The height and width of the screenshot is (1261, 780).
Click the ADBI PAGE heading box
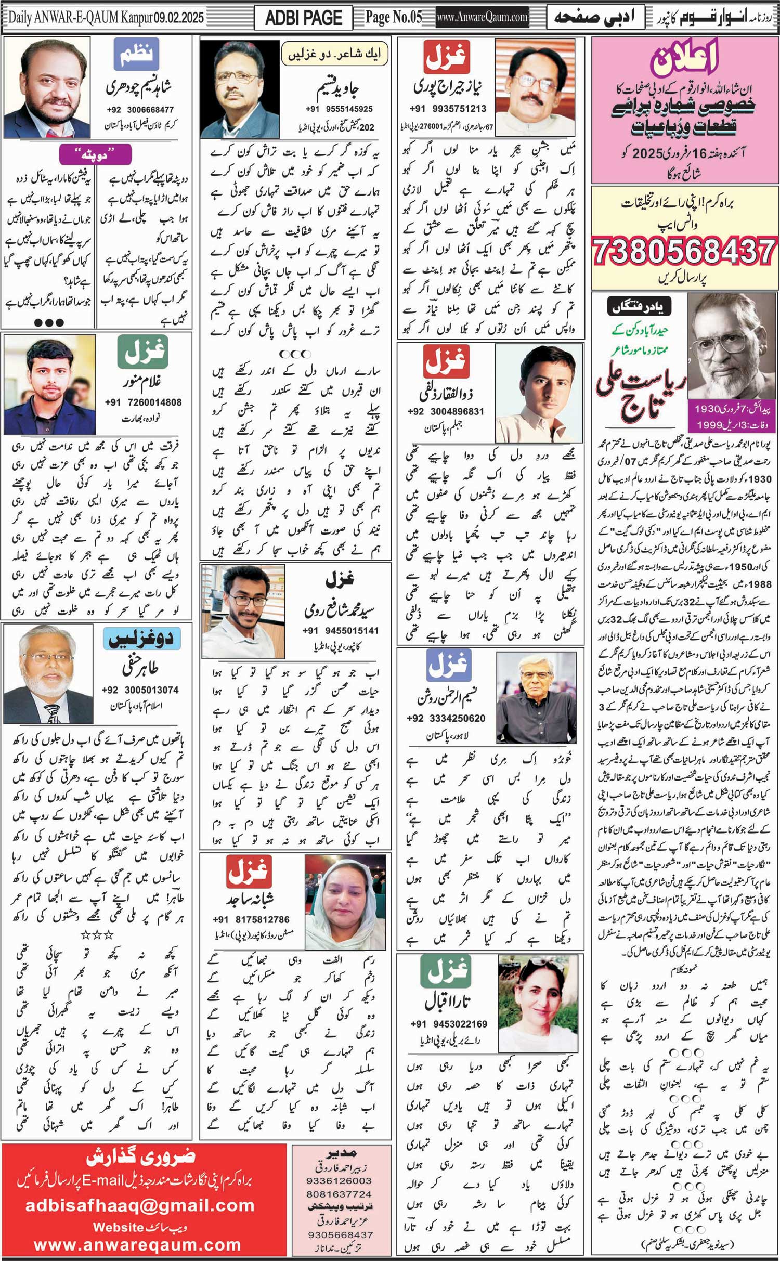click(x=303, y=18)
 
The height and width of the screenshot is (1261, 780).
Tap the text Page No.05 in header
click(x=393, y=17)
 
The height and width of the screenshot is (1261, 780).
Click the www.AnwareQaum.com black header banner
click(x=482, y=17)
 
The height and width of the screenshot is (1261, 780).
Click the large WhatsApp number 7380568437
click(x=684, y=252)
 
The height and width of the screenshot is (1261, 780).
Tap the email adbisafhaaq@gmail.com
click(x=140, y=1205)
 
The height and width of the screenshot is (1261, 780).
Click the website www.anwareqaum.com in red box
click(x=137, y=1245)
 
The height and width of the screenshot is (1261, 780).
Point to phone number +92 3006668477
click(x=140, y=110)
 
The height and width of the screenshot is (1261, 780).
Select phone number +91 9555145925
click(x=339, y=109)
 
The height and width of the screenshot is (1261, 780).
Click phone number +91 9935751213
click(x=448, y=109)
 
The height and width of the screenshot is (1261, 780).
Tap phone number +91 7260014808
click(x=143, y=402)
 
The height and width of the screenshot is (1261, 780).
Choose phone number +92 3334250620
click(x=446, y=718)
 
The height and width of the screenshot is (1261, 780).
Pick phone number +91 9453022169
click(x=449, y=1024)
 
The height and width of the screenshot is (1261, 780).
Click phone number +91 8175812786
click(x=251, y=919)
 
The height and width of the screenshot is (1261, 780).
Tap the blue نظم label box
click(x=136, y=54)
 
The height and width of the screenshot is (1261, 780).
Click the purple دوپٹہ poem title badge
click(x=95, y=155)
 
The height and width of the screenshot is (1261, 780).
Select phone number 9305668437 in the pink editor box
click(x=340, y=1234)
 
